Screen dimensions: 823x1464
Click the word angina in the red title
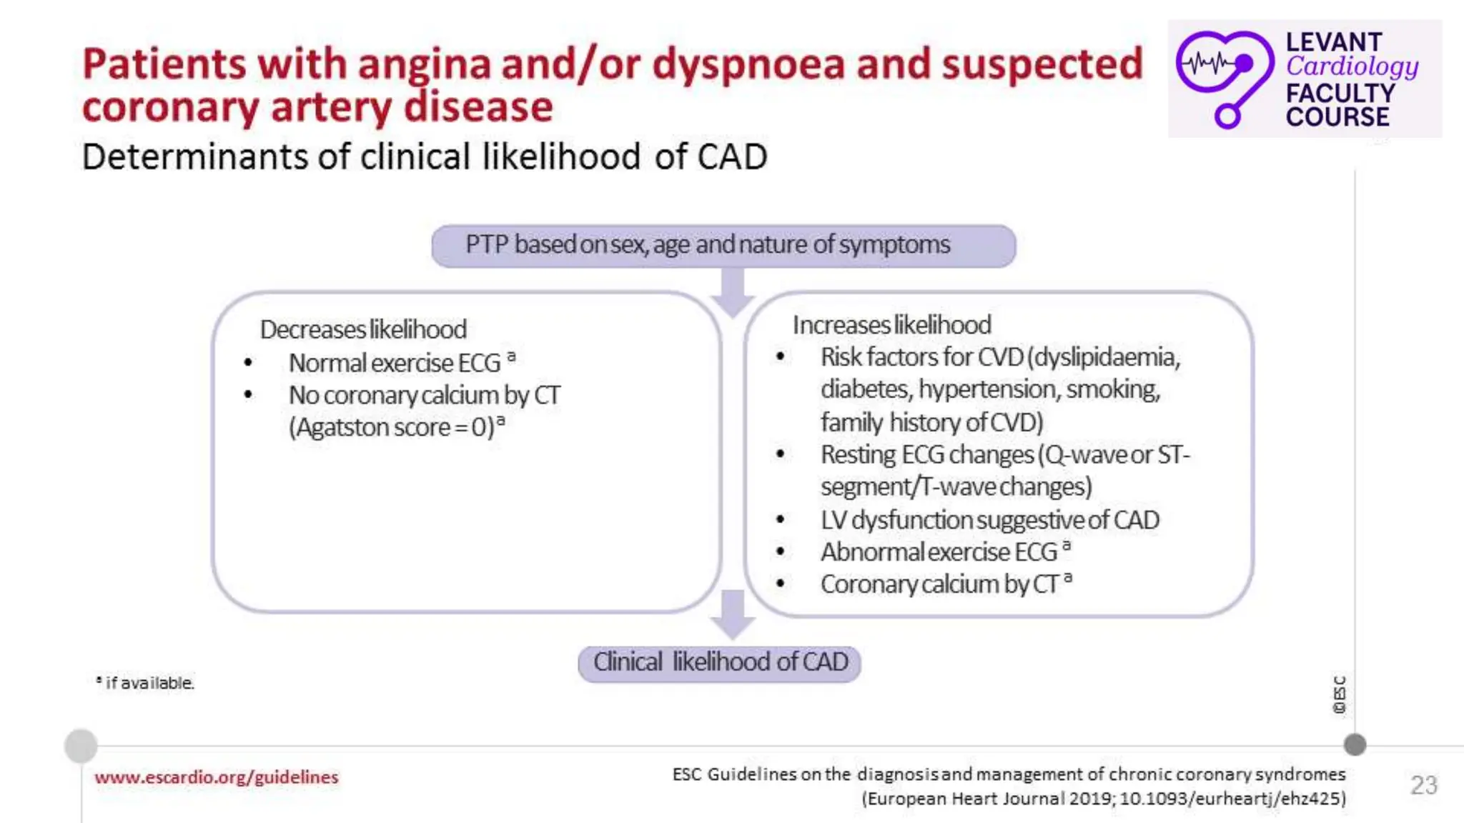coord(423,64)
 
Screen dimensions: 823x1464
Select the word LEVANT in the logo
coord(1333,42)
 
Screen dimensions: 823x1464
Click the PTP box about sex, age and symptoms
coord(723,246)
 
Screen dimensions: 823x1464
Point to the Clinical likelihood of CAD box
coord(719,663)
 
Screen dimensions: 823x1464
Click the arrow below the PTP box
coord(732,291)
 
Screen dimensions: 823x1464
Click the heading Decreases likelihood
coord(363,330)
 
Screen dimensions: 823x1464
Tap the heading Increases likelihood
coord(891,326)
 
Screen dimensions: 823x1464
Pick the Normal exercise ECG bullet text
coord(395,364)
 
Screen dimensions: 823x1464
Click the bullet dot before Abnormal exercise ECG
coord(781,552)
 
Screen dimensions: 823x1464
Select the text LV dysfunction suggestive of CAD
coord(989,520)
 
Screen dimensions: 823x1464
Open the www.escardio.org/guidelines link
coord(216,777)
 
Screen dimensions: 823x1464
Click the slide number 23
coord(1423,785)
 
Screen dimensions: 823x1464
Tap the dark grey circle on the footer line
coord(1354,745)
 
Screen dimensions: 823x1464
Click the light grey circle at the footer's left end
coord(81,746)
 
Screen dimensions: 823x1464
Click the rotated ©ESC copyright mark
coord(1339,694)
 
